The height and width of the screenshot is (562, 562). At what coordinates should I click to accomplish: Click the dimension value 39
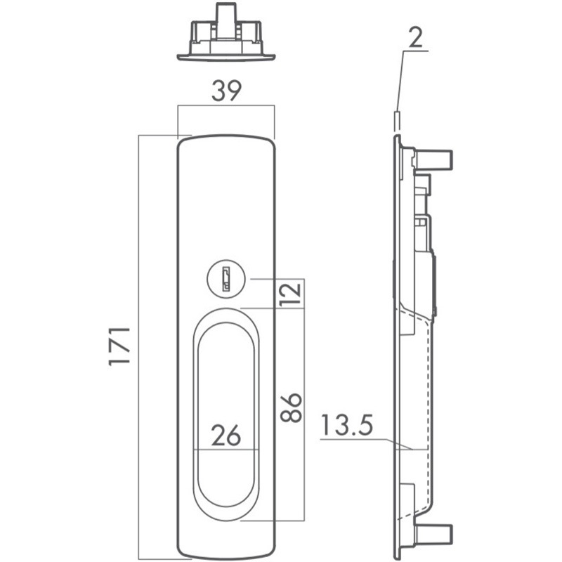coord(226,91)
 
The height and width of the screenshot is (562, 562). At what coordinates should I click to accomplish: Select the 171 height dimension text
coord(119,346)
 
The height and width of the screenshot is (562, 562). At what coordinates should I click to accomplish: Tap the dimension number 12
coord(290,294)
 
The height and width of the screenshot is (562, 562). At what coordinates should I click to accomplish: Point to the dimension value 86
coord(291,408)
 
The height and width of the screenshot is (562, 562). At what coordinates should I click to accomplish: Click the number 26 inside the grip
coord(226,435)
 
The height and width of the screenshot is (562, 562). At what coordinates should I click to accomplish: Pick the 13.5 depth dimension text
coord(347,425)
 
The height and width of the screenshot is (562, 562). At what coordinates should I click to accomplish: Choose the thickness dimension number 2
coord(415,38)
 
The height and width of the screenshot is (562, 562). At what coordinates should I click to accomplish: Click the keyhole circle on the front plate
coord(226,278)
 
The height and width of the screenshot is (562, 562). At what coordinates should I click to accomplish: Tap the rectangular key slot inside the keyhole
coord(226,278)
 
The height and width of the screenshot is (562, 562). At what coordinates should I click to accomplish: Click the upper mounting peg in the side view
coord(434,159)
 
